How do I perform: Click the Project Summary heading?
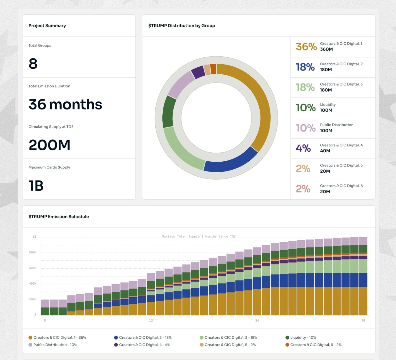(x=47, y=26)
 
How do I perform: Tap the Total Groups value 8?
(x=33, y=64)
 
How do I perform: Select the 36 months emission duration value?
(x=65, y=104)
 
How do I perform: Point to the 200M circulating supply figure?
(x=49, y=145)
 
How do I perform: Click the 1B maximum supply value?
(x=36, y=186)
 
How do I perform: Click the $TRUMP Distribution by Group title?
(x=181, y=26)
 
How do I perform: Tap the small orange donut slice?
(x=213, y=69)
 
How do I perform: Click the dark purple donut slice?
(x=198, y=72)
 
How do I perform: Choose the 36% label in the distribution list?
(x=306, y=47)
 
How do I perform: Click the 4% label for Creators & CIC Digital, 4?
(x=303, y=148)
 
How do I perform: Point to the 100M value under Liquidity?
(x=326, y=110)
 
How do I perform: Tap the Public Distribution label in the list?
(x=337, y=125)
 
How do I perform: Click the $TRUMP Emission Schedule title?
(x=59, y=216)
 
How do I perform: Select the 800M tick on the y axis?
(x=33, y=252)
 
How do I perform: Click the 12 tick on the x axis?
(x=151, y=320)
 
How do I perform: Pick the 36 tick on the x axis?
(x=363, y=320)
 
